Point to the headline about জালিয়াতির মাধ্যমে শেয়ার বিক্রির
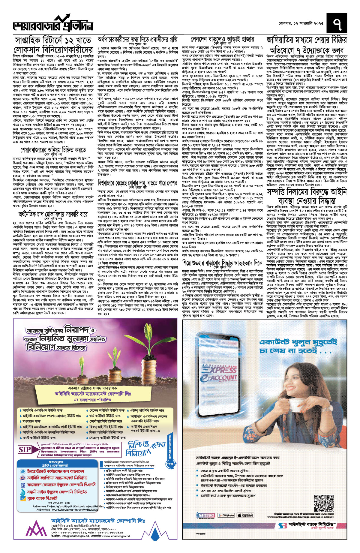point(307,45)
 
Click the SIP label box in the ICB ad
point(25,449)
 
